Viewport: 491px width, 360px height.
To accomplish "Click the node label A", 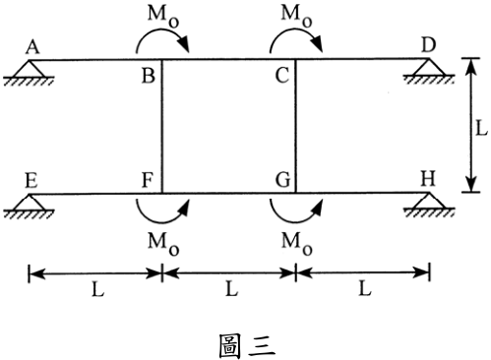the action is [x=32, y=47].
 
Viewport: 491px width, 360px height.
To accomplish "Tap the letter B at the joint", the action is [x=149, y=76].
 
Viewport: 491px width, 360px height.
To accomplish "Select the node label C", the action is [x=282, y=76].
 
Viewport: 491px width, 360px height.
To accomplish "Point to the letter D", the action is [x=428, y=45].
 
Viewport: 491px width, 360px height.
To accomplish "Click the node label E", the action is [x=31, y=181].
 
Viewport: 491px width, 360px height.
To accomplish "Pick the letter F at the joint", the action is [x=148, y=180].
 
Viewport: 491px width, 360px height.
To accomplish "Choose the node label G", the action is [x=282, y=180].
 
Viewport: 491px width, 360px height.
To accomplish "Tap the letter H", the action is [x=428, y=179].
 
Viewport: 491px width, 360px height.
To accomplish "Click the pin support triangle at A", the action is [x=30, y=69].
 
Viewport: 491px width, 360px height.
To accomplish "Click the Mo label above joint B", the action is [x=163, y=17].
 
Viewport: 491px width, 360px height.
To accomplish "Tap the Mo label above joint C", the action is [x=296, y=16].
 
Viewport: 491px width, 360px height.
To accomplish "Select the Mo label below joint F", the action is [x=163, y=244].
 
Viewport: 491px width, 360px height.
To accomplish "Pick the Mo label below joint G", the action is [x=296, y=244].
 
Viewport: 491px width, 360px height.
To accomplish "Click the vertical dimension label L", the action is [x=481, y=128].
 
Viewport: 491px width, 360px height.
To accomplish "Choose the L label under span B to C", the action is [x=231, y=289].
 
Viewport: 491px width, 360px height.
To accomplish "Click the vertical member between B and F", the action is [x=161, y=126].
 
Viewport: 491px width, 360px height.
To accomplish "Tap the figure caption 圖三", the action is [x=247, y=345].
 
